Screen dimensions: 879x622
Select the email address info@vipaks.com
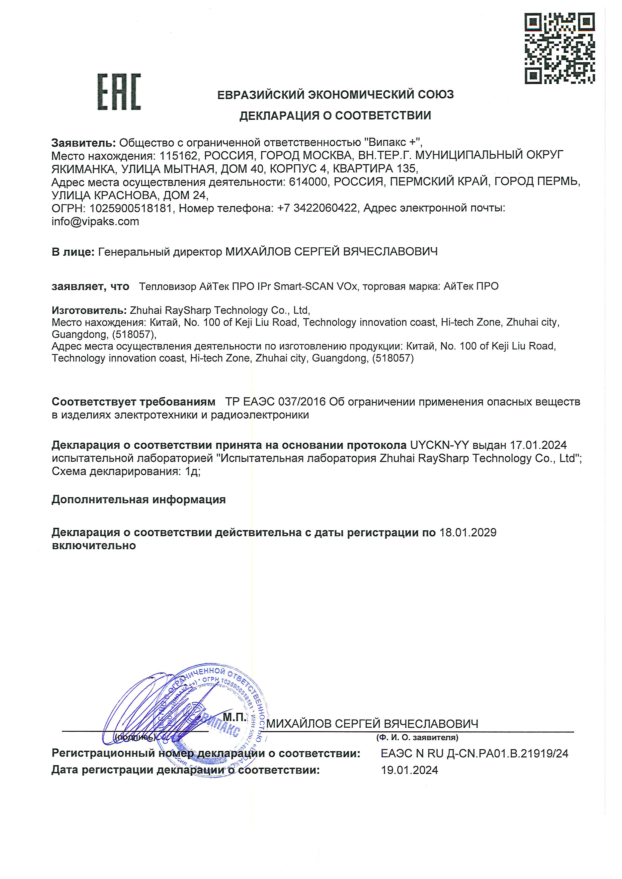point(95,222)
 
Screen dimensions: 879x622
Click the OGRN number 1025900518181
point(131,208)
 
